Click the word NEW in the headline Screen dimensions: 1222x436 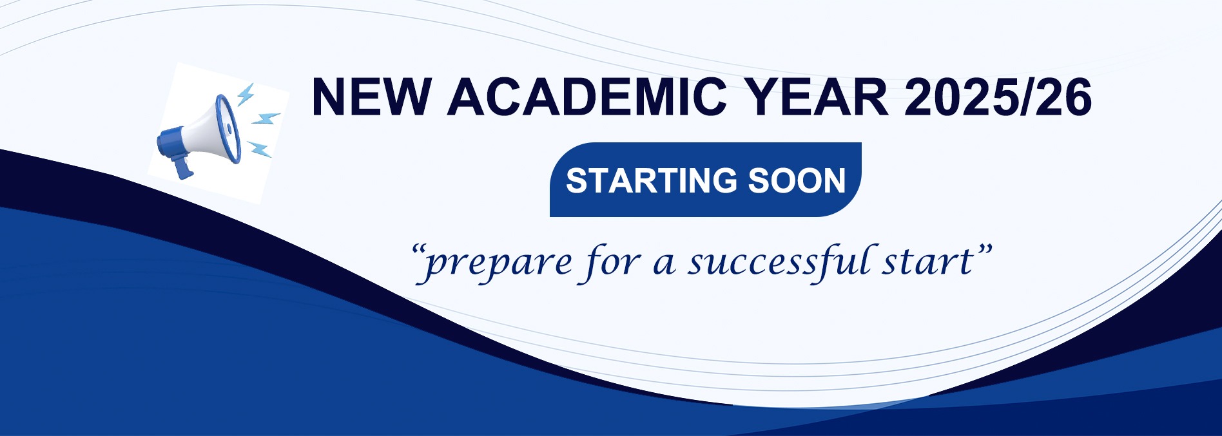coord(370,97)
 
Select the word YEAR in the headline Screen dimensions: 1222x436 coord(815,97)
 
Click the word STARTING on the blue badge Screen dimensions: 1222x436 coord(652,180)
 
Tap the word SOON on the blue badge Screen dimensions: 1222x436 coord(797,180)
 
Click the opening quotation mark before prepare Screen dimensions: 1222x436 coord(418,251)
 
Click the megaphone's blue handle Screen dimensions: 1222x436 coord(183,166)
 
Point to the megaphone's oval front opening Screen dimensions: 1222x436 coord(228,128)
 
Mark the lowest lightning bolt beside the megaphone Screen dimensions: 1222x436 coord(259,149)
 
